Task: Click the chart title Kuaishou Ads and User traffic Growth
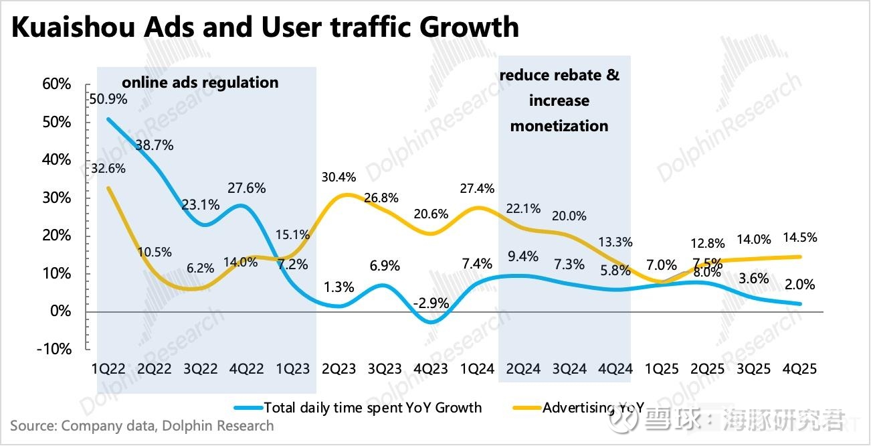265,27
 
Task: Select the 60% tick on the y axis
56,84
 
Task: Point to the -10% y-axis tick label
54,349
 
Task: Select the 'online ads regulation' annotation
199,82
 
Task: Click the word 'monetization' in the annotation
559,126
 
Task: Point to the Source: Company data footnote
142,426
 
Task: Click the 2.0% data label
801,285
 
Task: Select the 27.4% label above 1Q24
477,188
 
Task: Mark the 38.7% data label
155,145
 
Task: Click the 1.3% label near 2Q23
338,288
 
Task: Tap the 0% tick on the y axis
60,311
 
